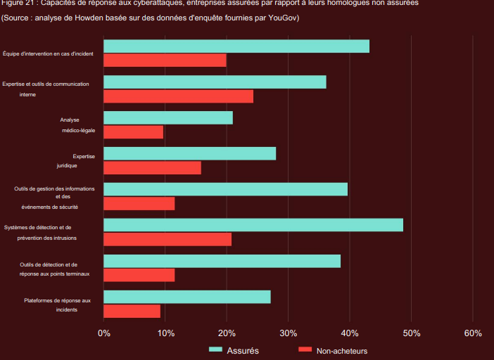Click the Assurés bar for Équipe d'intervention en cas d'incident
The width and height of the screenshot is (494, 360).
(x=236, y=46)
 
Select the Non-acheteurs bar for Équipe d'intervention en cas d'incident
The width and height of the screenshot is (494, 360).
(x=165, y=60)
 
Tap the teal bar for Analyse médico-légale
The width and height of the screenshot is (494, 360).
(x=168, y=118)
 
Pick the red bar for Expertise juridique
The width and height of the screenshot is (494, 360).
(x=152, y=167)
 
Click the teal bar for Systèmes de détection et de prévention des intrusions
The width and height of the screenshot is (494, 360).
(x=253, y=225)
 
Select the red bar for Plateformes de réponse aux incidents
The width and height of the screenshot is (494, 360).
(x=132, y=311)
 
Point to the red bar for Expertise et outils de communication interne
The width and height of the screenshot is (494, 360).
(x=178, y=96)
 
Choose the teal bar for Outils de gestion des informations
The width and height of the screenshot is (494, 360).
(x=225, y=189)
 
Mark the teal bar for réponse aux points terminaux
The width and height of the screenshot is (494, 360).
(x=222, y=261)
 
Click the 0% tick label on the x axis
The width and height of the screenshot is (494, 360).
(x=104, y=333)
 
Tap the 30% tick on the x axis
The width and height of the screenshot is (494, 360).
(x=288, y=333)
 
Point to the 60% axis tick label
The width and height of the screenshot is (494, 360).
(x=473, y=333)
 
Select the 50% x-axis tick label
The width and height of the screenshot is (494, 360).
(x=411, y=333)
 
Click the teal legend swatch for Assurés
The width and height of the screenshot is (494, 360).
(x=215, y=349)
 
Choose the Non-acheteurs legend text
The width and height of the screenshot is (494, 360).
(x=342, y=350)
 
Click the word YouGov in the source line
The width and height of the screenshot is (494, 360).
(x=285, y=17)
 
